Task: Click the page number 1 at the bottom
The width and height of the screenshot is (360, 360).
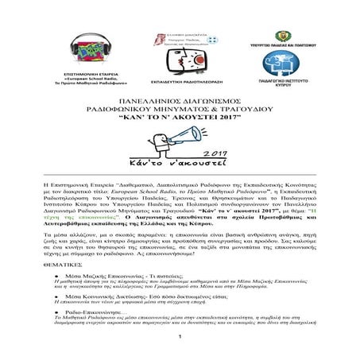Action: pos(180,353)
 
